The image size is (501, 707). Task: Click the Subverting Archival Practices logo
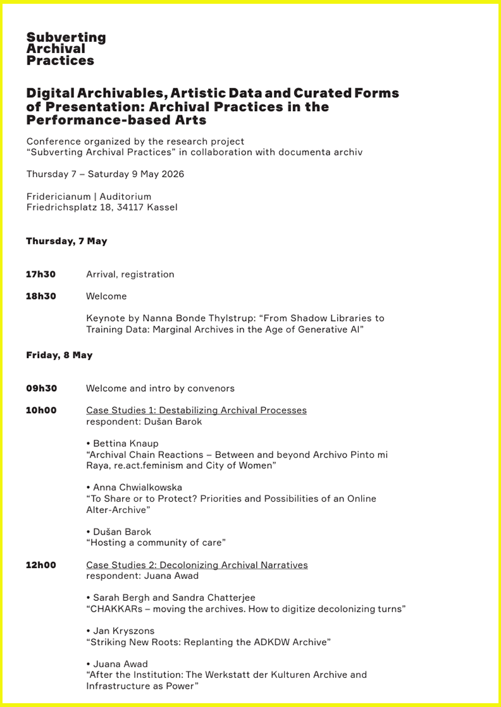(66, 49)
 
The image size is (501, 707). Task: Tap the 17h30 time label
(40, 274)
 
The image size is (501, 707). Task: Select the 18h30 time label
(40, 296)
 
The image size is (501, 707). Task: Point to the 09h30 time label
(41, 389)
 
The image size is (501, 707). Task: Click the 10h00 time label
(41, 411)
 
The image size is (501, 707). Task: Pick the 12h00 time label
(40, 565)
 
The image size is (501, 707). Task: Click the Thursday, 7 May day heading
(66, 241)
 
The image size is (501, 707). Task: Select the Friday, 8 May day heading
(59, 355)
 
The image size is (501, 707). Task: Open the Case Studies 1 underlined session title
(196, 411)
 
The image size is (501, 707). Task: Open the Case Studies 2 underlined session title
(197, 565)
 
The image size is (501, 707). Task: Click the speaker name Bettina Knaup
(126, 444)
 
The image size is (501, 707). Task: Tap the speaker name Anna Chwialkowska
(137, 488)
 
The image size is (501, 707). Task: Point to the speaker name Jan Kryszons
(123, 631)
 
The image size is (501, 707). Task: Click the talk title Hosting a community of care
(156, 543)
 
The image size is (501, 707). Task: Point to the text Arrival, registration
(130, 274)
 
